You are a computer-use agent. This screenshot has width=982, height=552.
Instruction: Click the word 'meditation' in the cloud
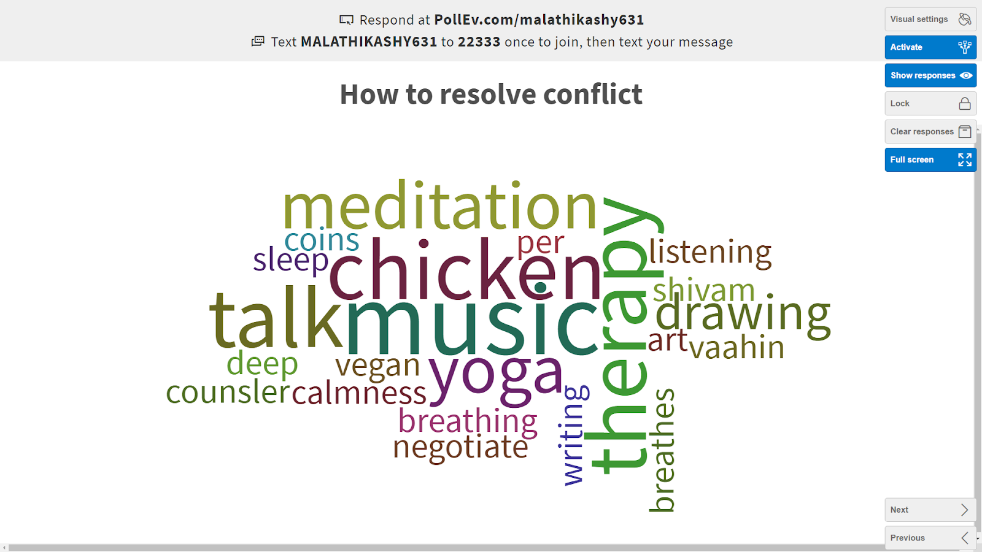[x=439, y=205]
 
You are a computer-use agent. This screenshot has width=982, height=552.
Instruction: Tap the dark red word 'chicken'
[x=465, y=267]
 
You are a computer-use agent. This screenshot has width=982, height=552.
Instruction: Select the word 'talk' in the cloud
[x=276, y=316]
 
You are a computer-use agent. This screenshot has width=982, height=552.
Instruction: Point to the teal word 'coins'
[x=322, y=240]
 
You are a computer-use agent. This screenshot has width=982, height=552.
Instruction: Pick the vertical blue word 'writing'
[x=574, y=435]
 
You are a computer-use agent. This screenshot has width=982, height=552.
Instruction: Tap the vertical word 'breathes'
[x=662, y=450]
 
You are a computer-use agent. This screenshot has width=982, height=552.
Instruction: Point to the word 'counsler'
[x=228, y=392]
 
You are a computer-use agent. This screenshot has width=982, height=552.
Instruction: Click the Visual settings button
[x=930, y=19]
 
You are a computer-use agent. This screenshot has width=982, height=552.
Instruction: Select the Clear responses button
[x=930, y=131]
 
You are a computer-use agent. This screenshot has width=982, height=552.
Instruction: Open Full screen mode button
[x=930, y=159]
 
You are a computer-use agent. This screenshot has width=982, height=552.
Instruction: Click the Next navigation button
[x=930, y=510]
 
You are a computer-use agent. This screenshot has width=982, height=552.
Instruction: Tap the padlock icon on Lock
[x=964, y=104]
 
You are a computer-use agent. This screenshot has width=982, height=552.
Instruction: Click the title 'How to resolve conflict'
[x=491, y=94]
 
